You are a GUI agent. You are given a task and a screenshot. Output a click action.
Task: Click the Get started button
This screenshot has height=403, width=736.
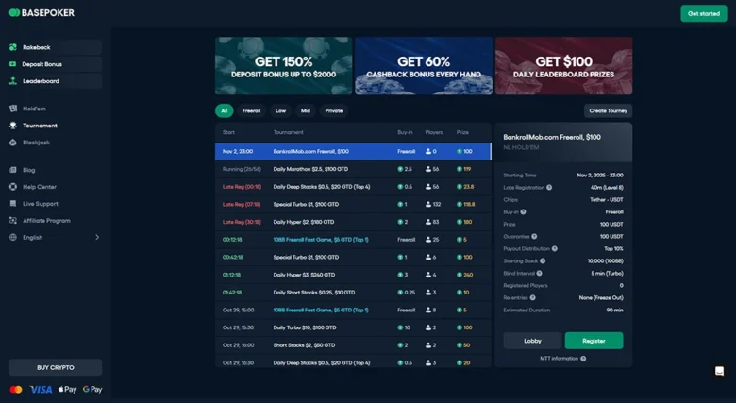click(703, 13)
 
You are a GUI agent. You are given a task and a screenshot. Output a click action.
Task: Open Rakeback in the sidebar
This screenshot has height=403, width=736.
click(37, 47)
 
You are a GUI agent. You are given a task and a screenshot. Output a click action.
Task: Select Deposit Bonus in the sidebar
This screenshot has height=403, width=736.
click(42, 64)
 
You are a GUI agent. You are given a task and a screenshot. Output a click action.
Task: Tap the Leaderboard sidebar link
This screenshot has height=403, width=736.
click(41, 81)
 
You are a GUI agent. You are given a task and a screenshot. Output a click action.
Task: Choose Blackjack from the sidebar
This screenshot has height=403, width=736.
click(36, 143)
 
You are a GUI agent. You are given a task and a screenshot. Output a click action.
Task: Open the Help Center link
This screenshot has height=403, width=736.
click(40, 187)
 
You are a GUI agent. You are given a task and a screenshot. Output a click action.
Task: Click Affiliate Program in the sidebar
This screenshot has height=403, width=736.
click(46, 221)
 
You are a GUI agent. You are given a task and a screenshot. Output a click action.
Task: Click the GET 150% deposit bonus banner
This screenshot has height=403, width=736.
click(283, 66)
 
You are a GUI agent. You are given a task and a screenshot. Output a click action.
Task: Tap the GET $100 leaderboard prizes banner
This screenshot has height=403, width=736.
click(563, 66)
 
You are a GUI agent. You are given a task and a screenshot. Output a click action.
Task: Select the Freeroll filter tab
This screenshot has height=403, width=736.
click(251, 110)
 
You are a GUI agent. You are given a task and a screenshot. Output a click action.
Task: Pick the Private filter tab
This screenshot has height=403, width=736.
click(334, 110)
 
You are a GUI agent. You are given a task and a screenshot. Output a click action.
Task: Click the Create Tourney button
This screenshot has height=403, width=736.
click(608, 110)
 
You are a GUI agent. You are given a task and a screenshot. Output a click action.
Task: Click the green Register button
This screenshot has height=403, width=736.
click(594, 341)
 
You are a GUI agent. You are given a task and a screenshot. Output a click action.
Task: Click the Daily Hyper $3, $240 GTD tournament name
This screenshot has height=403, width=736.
click(304, 275)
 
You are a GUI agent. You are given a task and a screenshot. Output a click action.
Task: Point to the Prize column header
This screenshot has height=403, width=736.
click(462, 133)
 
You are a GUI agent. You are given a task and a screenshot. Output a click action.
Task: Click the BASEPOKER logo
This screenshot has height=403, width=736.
click(42, 13)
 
